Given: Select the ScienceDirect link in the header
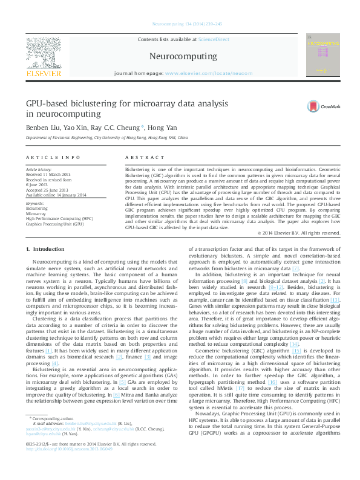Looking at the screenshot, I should coord(214,39).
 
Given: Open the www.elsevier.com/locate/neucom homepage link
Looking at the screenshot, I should coord(208,73).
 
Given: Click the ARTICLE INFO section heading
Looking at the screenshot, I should coord(53,157).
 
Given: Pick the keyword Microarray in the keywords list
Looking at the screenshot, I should coord(36,213).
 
